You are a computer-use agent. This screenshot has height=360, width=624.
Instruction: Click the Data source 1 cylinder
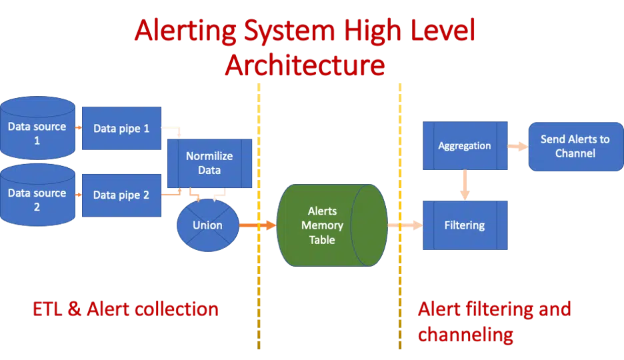(x=37, y=130)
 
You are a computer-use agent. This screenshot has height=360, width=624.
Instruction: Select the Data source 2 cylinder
(x=37, y=197)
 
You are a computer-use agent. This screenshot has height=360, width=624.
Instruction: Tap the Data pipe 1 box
(x=121, y=129)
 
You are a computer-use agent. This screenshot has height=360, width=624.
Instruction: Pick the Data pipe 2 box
(x=121, y=195)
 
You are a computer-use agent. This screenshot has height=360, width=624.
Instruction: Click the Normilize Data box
(x=209, y=163)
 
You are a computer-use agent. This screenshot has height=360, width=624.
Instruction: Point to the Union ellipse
(x=207, y=225)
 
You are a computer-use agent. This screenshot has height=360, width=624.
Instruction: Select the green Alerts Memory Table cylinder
(x=322, y=225)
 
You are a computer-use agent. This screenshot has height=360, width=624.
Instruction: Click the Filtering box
(x=465, y=225)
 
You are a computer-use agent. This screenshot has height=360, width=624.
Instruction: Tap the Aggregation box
(x=465, y=145)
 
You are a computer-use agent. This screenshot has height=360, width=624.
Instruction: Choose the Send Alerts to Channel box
(x=575, y=146)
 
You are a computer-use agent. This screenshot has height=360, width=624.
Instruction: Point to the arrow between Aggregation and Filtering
(x=465, y=185)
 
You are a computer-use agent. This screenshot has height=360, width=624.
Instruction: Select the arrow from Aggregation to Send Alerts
(x=518, y=146)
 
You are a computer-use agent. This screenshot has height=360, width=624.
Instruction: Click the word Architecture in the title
(x=304, y=65)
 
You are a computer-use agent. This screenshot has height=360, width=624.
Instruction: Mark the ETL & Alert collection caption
(x=125, y=309)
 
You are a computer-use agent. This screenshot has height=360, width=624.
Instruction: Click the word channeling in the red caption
(x=465, y=333)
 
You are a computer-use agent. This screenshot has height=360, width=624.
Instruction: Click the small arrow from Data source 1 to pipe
(x=78, y=128)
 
